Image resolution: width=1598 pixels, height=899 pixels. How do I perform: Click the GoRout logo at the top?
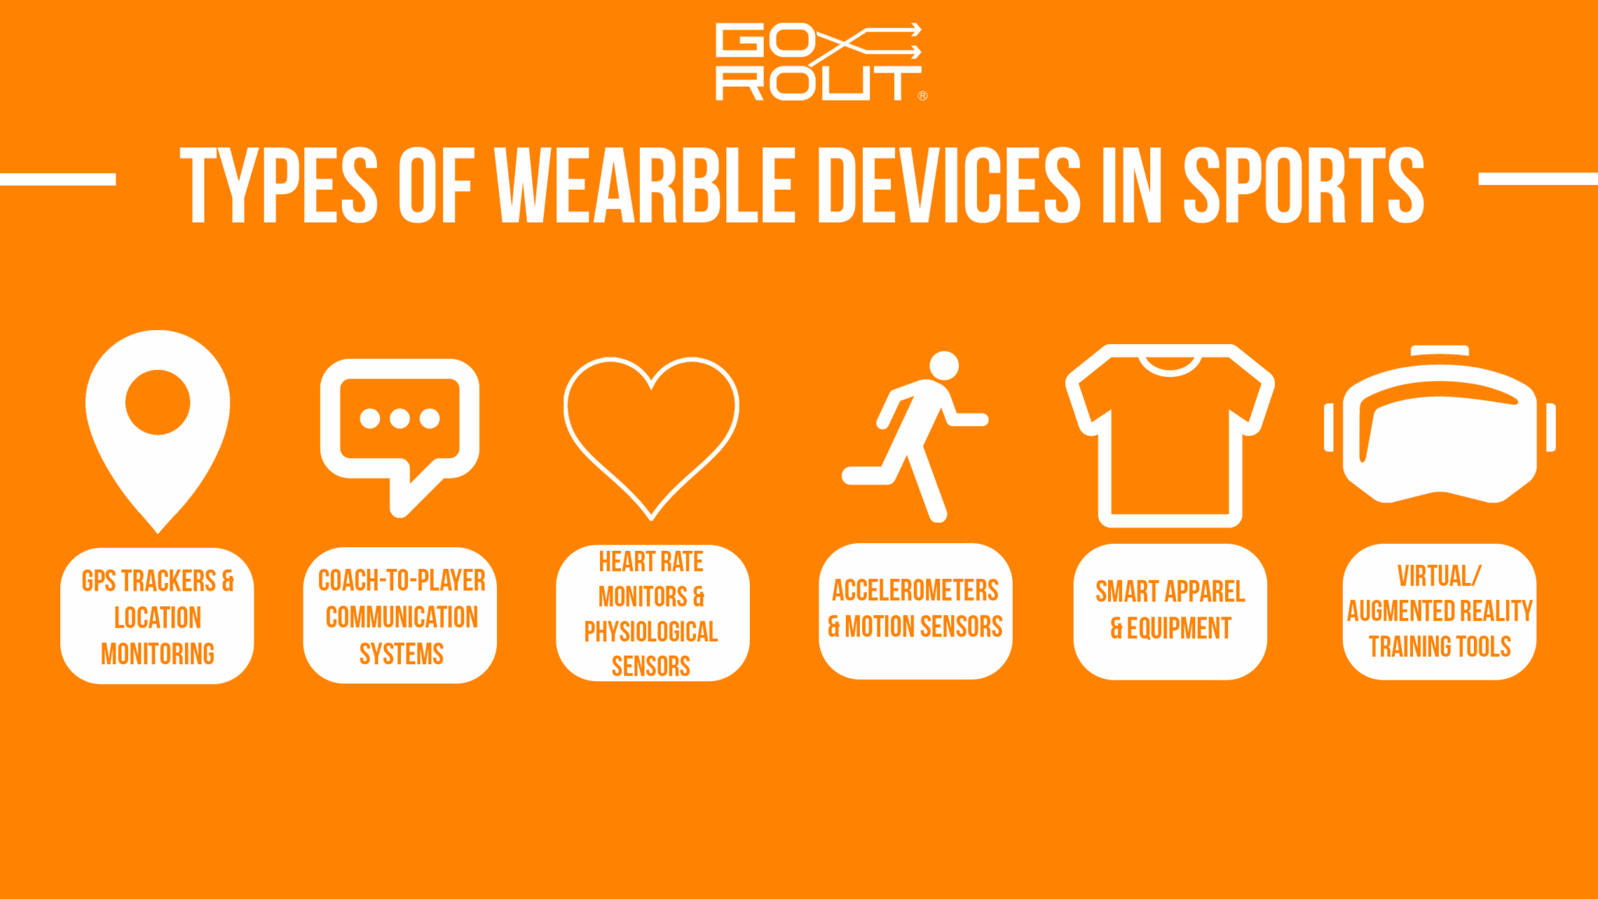(819, 62)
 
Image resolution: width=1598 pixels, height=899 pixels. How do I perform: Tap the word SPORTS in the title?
(1303, 186)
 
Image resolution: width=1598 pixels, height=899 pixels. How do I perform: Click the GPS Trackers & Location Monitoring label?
(158, 617)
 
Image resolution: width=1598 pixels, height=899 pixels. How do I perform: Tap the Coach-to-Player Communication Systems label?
(400, 617)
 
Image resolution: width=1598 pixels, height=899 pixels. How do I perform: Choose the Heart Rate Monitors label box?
(652, 613)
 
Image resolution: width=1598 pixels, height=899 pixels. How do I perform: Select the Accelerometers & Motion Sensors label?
(915, 610)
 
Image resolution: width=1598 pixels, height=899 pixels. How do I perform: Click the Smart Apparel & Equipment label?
(1170, 611)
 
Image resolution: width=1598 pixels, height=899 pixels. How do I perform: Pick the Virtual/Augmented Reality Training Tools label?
(1440, 611)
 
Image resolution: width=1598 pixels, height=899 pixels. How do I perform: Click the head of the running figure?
(944, 365)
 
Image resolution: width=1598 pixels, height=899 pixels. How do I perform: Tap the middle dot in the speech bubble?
(399, 419)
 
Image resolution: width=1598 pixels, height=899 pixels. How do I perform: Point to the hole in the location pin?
(158, 402)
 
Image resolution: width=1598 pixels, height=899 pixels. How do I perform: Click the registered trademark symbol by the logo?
(923, 96)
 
